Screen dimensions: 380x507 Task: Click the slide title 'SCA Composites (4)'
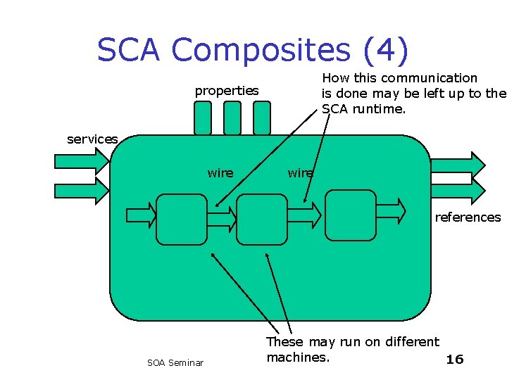click(252, 50)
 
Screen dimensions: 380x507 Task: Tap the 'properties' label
click(226, 91)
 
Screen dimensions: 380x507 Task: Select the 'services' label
click(92, 139)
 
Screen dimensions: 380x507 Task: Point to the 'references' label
click(468, 217)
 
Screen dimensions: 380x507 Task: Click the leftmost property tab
click(202, 118)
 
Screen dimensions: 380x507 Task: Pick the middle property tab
click(232, 118)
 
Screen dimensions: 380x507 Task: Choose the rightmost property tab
click(261, 118)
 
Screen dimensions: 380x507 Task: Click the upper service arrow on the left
click(81, 163)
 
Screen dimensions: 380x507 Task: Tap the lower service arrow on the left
click(81, 191)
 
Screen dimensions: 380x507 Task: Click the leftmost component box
click(182, 219)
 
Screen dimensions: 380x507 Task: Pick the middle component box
click(262, 219)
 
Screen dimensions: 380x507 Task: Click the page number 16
click(455, 360)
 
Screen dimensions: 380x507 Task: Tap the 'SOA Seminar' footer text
click(175, 363)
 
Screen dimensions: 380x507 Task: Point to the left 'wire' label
click(220, 173)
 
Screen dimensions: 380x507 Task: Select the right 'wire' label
click(300, 173)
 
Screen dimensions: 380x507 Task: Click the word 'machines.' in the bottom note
click(297, 357)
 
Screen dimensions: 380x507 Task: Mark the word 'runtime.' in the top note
click(382, 109)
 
